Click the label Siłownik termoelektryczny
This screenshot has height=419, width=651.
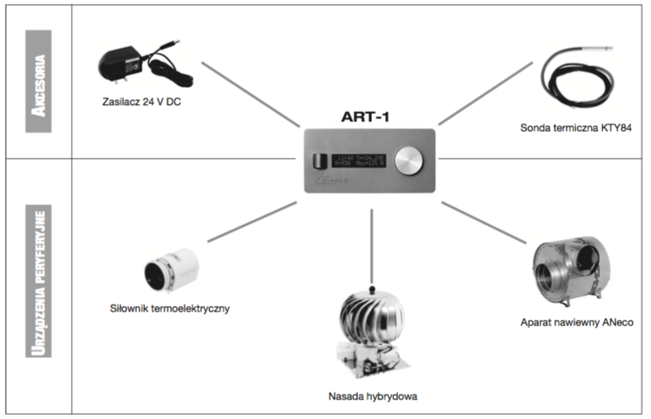(x=171, y=308)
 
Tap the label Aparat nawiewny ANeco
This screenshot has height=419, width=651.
(x=577, y=322)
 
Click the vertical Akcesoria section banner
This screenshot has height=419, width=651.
(x=37, y=81)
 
